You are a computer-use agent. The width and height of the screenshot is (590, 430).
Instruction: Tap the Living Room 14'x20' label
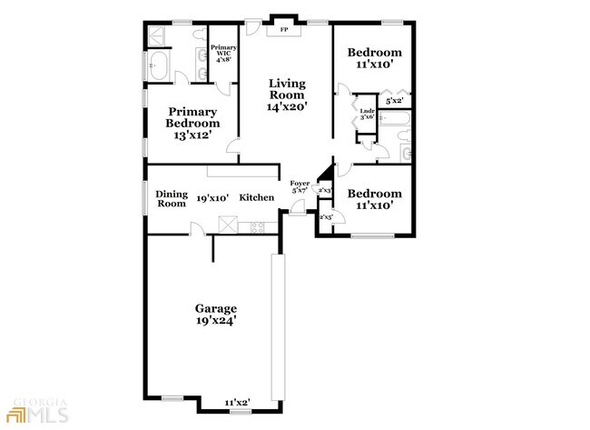tap(287, 95)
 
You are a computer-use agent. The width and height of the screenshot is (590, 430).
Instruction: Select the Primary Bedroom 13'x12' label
tap(192, 123)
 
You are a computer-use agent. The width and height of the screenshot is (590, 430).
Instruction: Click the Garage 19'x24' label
tap(217, 314)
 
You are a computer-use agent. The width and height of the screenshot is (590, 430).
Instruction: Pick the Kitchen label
tap(257, 197)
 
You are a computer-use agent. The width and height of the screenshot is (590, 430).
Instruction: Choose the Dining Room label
tap(171, 198)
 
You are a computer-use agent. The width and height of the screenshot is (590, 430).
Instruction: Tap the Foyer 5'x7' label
tap(300, 187)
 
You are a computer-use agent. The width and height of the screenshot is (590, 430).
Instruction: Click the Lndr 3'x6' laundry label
tap(368, 113)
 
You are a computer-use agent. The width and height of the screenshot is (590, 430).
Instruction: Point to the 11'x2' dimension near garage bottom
tap(238, 401)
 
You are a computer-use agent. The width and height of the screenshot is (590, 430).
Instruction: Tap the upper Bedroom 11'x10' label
tap(376, 59)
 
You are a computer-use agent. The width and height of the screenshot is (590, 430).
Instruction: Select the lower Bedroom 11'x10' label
tap(376, 200)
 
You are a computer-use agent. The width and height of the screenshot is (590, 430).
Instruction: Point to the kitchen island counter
tap(243, 172)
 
